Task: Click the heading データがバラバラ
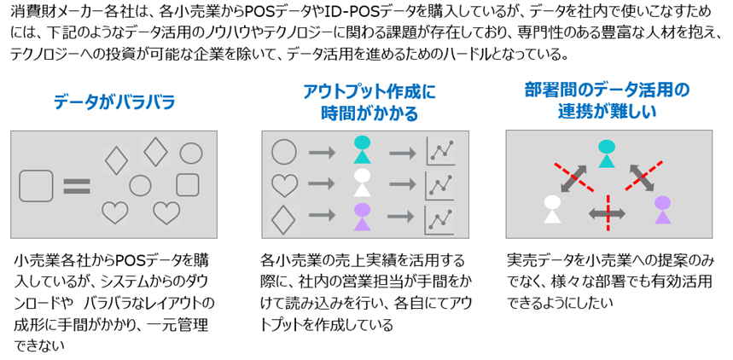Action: (113, 102)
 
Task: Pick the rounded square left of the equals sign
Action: (36, 185)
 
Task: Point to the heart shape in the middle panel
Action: (284, 183)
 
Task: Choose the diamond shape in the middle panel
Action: (284, 216)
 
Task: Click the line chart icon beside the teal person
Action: (440, 151)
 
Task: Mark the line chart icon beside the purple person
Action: (440, 216)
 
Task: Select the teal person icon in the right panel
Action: (607, 153)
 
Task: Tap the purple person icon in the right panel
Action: (662, 209)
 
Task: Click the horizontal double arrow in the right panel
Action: (608, 211)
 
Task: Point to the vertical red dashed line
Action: (608, 211)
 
